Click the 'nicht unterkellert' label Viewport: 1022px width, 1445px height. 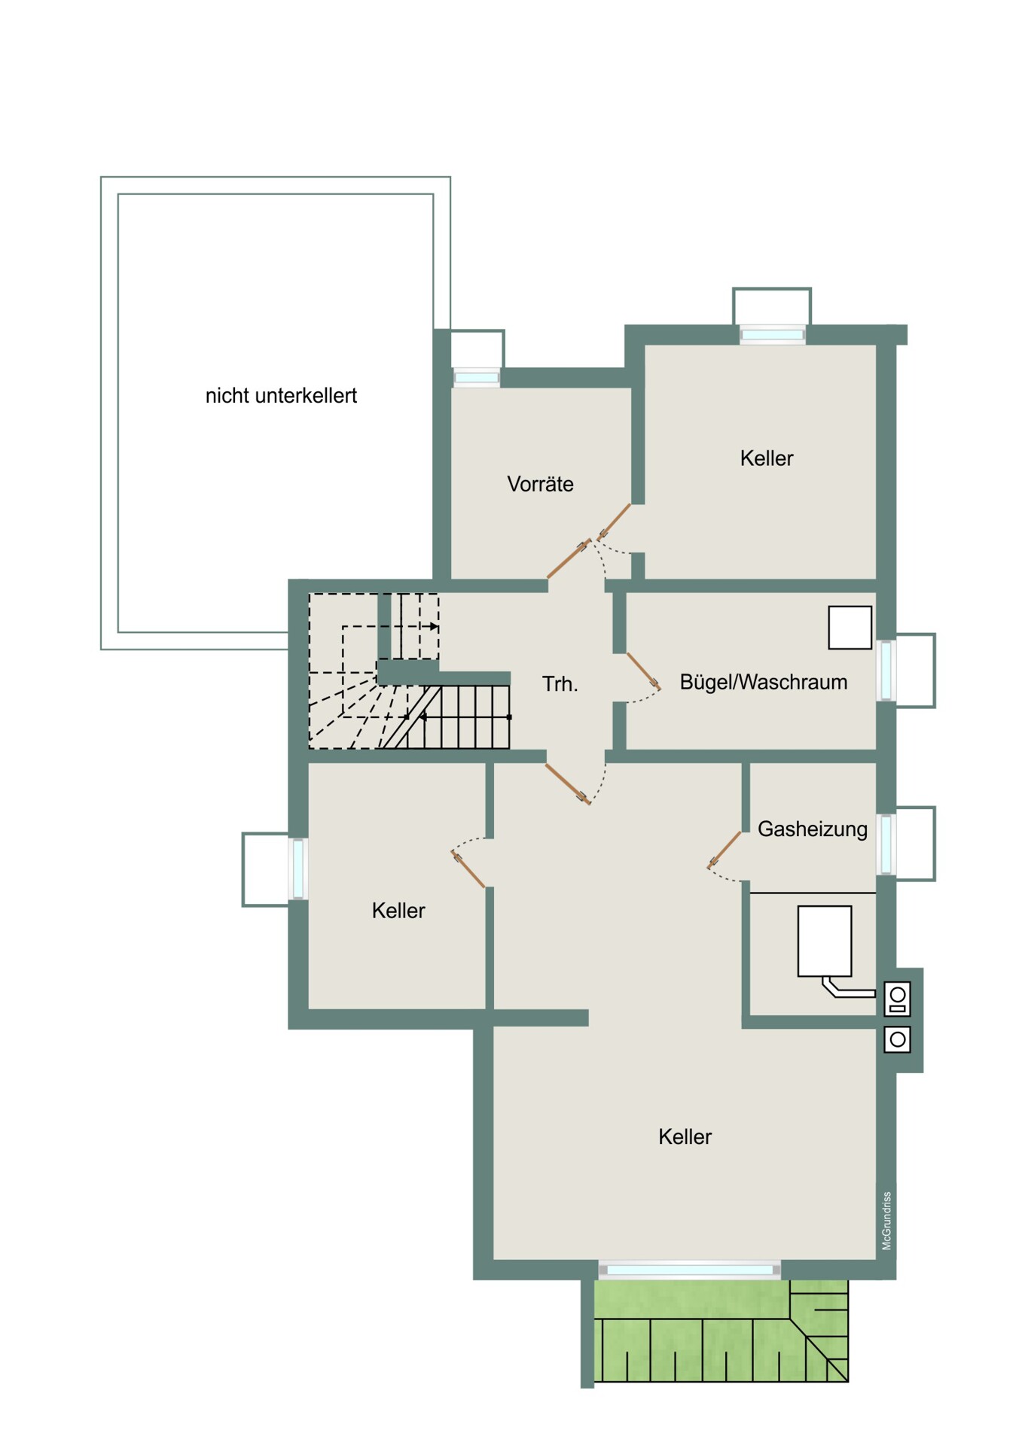click(281, 396)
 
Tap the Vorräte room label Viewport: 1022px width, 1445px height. click(540, 484)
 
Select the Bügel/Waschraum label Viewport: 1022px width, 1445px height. click(763, 683)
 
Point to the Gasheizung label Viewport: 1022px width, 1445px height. click(812, 829)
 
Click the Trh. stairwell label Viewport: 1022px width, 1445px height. click(560, 684)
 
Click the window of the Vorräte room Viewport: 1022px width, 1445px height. click(477, 378)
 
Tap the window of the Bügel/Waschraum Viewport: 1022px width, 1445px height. click(887, 670)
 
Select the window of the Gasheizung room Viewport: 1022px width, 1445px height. click(887, 844)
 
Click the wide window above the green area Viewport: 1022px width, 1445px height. click(690, 1270)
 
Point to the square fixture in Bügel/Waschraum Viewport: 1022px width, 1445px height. click(850, 628)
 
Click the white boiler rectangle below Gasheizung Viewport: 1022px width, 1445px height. click(825, 942)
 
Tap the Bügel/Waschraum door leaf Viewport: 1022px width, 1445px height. click(643, 671)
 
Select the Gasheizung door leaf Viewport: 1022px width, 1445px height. click(725, 850)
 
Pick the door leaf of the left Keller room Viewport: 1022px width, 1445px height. click(468, 869)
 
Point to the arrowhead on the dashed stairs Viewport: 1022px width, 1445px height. click(435, 626)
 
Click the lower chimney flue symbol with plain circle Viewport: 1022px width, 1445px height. click(897, 1039)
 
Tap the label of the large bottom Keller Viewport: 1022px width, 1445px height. click(685, 1137)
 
